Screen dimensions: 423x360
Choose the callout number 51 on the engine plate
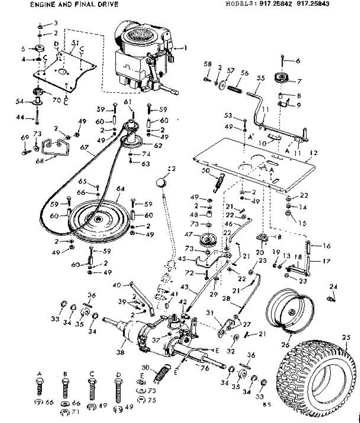(x=75, y=43)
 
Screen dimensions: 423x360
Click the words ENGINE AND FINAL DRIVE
(x=74, y=5)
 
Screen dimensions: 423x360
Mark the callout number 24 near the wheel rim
(x=333, y=287)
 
